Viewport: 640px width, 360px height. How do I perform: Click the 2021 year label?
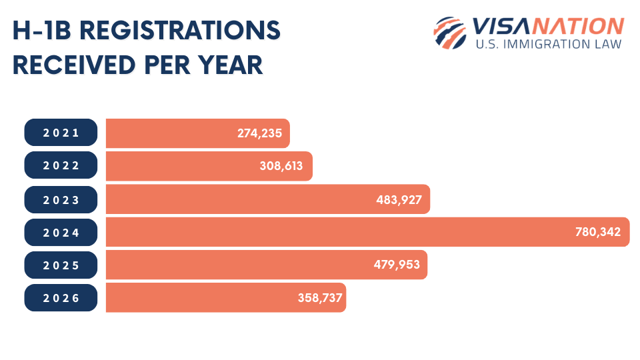coord(61,133)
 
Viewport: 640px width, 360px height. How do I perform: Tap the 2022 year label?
coord(61,166)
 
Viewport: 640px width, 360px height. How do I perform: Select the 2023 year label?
coord(61,199)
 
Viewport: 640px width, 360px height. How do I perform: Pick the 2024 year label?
coord(61,233)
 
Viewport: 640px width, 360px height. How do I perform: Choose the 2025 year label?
coord(61,265)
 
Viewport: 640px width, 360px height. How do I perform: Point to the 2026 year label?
coord(61,298)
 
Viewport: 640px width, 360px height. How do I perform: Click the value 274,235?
coord(260,133)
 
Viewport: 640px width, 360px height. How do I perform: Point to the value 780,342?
coord(597,232)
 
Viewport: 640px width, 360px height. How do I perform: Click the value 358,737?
coord(320,298)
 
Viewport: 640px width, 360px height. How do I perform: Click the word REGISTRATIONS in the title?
coord(177,31)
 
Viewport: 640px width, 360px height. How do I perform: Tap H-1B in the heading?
coord(41,31)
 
